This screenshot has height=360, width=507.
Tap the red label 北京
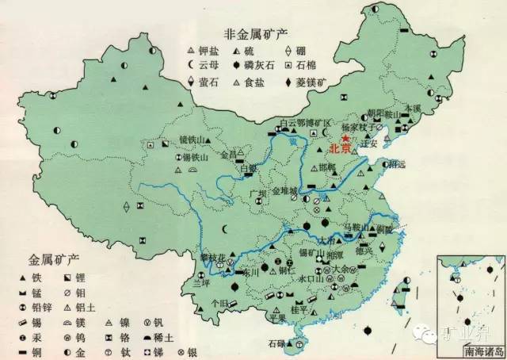[340, 147]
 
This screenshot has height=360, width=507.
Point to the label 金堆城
[285, 191]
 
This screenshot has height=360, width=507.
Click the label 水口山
[308, 278]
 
